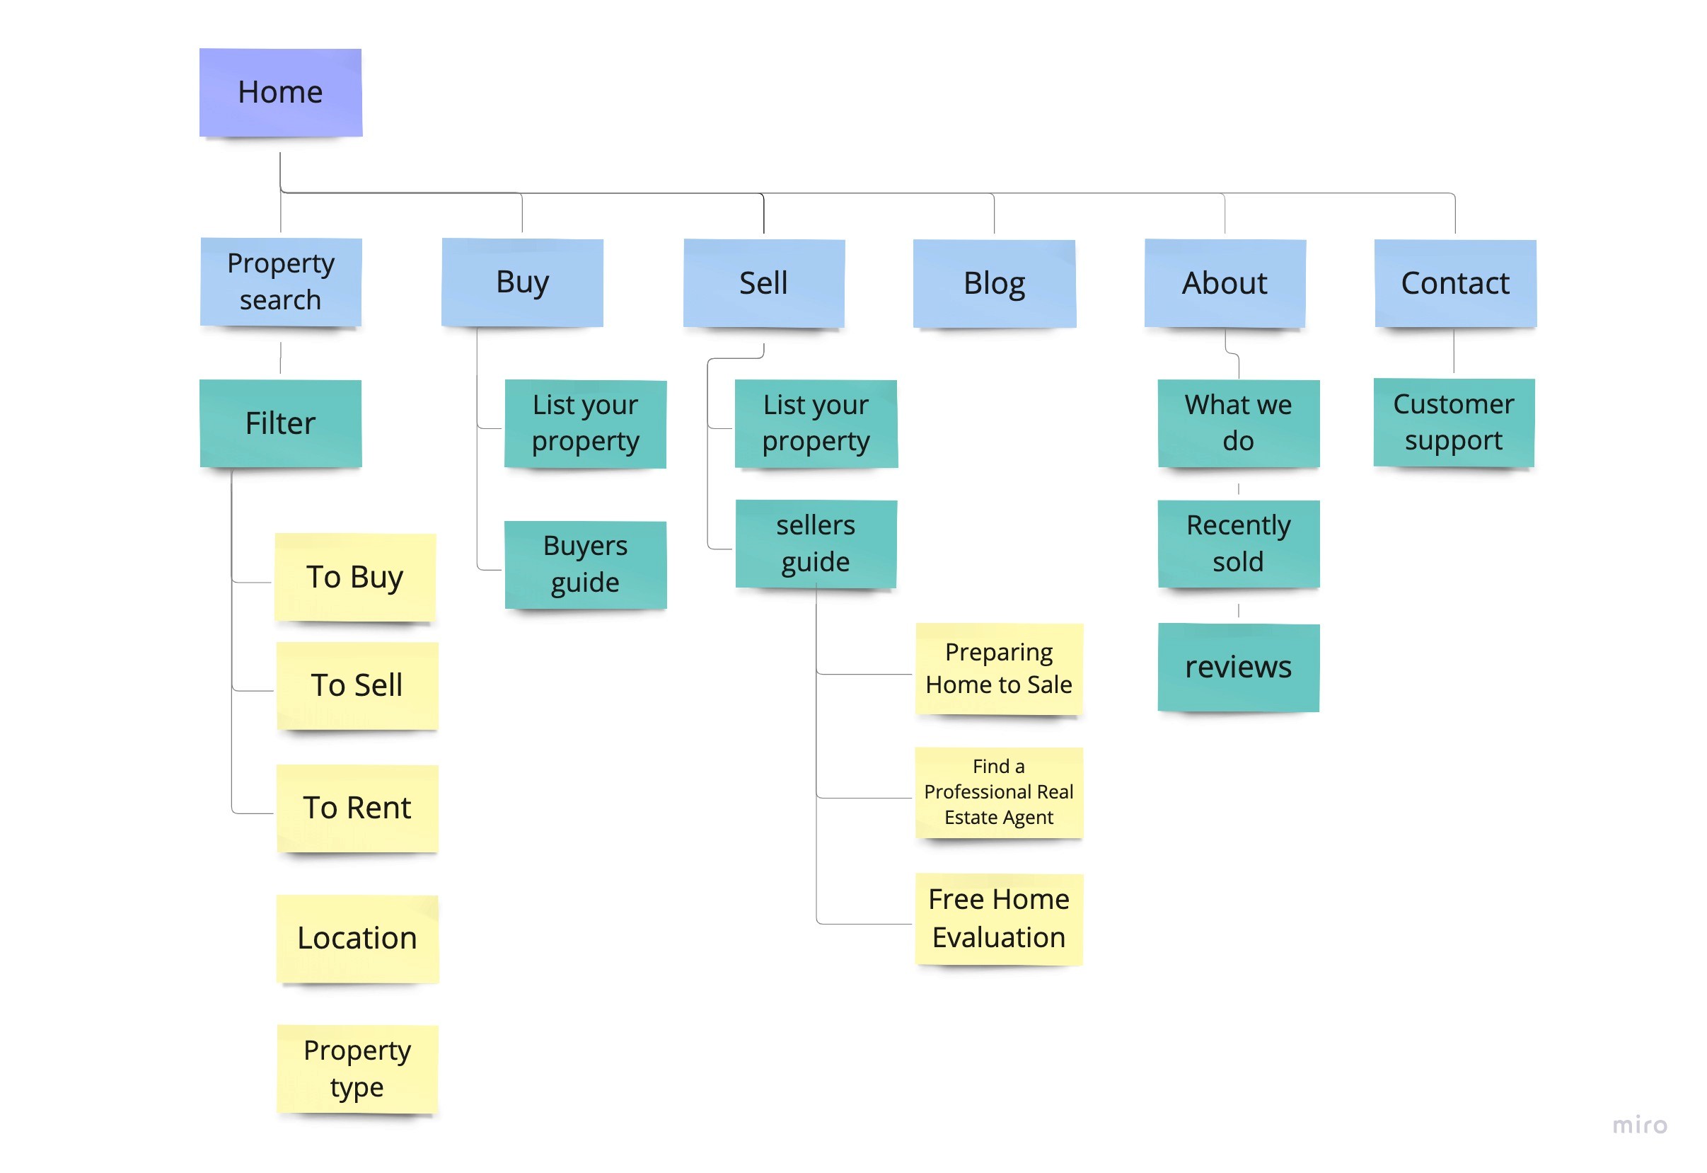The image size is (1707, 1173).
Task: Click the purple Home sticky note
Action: tap(281, 93)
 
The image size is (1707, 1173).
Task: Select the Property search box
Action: tap(281, 282)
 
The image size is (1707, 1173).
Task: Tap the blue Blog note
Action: tap(994, 284)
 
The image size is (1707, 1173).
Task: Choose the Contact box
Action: tap(1454, 284)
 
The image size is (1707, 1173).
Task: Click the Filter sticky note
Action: tap(281, 423)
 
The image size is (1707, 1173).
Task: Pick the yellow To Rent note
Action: tap(357, 808)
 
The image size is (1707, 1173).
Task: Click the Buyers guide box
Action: tap(586, 564)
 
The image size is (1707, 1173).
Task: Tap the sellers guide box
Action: tap(816, 544)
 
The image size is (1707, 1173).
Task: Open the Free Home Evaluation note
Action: tap(998, 918)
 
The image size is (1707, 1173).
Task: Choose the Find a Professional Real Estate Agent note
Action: tap(998, 792)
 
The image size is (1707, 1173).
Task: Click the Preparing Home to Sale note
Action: tap(998, 668)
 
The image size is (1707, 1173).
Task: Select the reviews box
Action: tap(1238, 668)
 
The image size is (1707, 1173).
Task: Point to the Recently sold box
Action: tap(1238, 544)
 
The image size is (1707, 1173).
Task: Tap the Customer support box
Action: tap(1453, 423)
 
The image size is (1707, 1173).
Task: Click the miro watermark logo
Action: tap(1639, 1126)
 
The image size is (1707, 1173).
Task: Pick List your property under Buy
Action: tap(586, 423)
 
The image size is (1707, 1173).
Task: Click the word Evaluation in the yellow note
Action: tap(998, 938)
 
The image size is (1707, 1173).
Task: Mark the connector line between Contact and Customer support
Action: tap(1454, 351)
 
